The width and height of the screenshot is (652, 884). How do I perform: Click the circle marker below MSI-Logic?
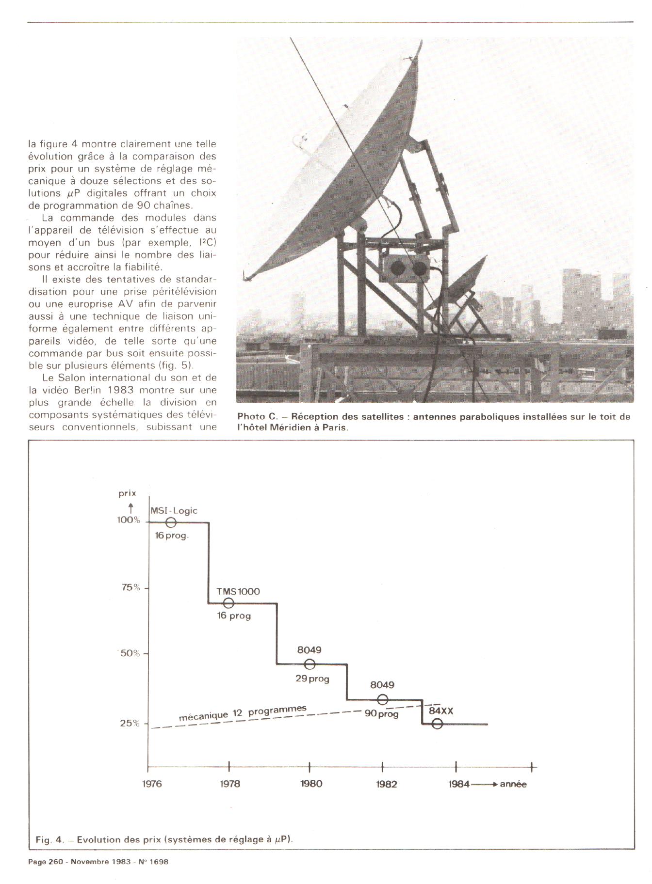point(171,522)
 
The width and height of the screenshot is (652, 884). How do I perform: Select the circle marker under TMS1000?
point(228,603)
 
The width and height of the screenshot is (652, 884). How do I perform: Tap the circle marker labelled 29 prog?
point(310,664)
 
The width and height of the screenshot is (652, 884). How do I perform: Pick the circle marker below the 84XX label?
point(437,724)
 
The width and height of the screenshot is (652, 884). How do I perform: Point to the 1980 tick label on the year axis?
point(311,784)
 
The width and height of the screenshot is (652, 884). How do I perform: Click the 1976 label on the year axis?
point(152,784)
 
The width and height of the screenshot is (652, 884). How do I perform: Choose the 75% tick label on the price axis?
point(130,587)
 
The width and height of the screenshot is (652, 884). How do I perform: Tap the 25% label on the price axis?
point(130,723)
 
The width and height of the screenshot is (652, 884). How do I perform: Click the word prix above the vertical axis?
point(127,493)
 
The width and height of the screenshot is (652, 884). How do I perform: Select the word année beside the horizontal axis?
point(513,784)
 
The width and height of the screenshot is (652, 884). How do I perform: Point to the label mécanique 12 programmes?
point(243,712)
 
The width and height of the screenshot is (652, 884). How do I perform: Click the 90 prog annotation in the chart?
point(381,714)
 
